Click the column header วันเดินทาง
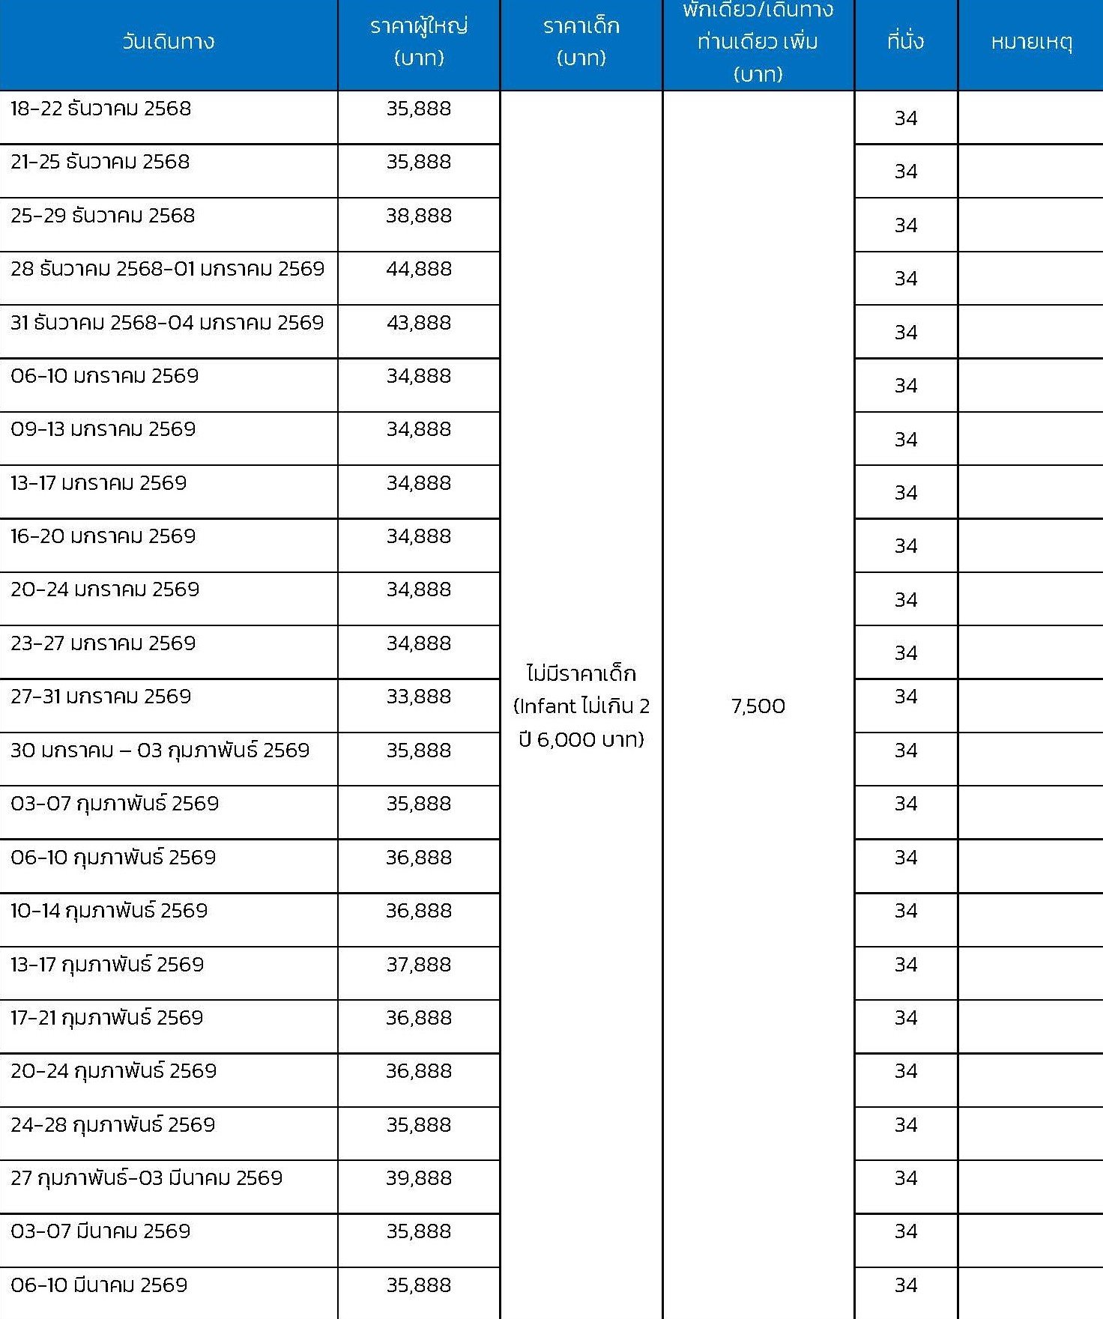[x=169, y=41]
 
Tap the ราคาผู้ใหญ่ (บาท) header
[x=419, y=42]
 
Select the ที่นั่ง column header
[x=905, y=41]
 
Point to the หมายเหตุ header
[x=1031, y=42]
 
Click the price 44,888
[x=419, y=269]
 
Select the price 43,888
[x=419, y=323]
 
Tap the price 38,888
[x=419, y=216]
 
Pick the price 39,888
[x=419, y=1178]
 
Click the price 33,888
[x=419, y=697]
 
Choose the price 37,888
[x=419, y=965]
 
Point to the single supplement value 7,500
[x=758, y=706]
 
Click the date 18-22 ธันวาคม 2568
[x=101, y=109]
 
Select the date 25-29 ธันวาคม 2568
[x=103, y=216]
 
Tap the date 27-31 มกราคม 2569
[x=101, y=697]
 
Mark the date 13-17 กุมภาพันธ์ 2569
[x=107, y=965]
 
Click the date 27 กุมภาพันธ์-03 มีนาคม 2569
[x=147, y=1178]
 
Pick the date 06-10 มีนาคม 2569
[x=99, y=1285]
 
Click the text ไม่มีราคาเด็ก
[x=581, y=673]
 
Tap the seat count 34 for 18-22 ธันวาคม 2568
[x=905, y=118]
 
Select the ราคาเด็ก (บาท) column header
[x=581, y=42]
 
